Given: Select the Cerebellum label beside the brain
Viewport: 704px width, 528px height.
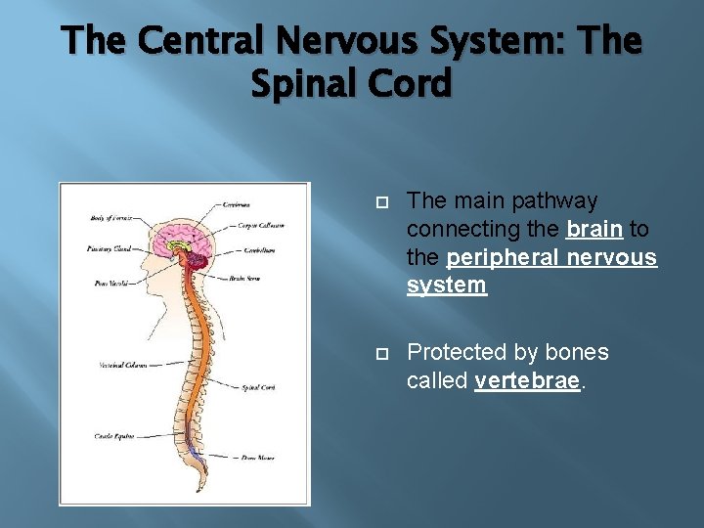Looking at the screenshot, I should [258, 249].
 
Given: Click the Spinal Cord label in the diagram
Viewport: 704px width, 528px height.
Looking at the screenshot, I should [257, 388].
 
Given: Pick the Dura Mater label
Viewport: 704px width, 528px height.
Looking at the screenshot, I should [257, 458].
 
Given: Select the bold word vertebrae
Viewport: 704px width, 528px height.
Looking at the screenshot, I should [527, 380].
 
